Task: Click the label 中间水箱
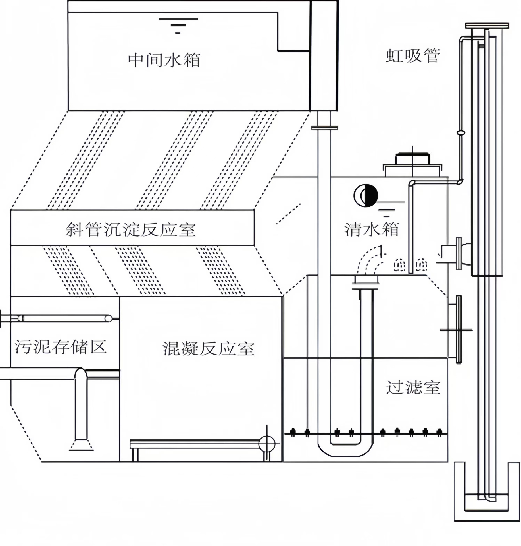coord(164,60)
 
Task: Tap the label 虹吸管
coord(412,56)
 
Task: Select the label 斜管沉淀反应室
coord(130,230)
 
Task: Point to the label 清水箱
coord(371,229)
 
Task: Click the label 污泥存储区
coord(61,347)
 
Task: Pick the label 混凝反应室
coord(208,348)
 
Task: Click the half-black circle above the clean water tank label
coord(366,196)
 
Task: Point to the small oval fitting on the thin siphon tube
coord(460,133)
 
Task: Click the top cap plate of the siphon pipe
coord(487,26)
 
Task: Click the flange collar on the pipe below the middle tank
coord(324,128)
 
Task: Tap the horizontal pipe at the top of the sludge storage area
coord(65,318)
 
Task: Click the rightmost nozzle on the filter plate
coord(439,432)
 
